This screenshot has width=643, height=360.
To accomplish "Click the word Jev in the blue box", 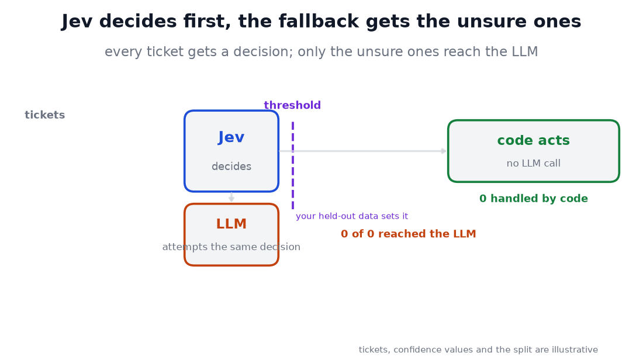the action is click(231, 137).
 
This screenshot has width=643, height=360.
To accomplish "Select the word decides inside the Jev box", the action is click(231, 167).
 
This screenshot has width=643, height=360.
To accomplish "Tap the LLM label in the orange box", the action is click(231, 224).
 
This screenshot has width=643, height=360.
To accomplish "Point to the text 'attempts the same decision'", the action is click(231, 247).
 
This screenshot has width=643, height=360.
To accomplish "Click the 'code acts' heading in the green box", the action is click(534, 140).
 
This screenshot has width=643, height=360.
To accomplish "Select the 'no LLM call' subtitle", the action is click(534, 163).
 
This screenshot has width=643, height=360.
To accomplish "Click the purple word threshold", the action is click(292, 105).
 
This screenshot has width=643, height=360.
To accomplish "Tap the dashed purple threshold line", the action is click(293, 165).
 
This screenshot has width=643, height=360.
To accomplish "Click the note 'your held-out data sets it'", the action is click(352, 216).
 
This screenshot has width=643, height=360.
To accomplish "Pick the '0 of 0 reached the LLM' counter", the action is click(409, 234).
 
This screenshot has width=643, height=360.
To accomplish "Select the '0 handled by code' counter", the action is click(534, 199).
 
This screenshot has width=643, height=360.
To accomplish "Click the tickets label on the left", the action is click(44, 115).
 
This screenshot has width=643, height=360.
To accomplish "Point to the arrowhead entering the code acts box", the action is click(444, 151).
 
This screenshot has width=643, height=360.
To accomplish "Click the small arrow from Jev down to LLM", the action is click(231, 197).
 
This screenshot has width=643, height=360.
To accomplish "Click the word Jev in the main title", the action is click(77, 21).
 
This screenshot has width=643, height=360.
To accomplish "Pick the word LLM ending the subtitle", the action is click(525, 51).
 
